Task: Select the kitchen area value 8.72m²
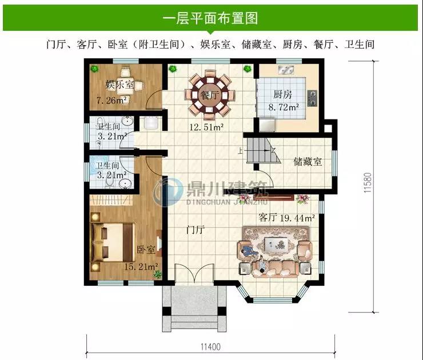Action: tap(284, 107)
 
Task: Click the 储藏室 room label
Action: tap(308, 162)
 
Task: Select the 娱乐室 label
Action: tap(119, 85)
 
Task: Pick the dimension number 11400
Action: tap(212, 346)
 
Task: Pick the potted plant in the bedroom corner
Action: tap(156, 275)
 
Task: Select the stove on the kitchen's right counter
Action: tap(312, 98)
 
